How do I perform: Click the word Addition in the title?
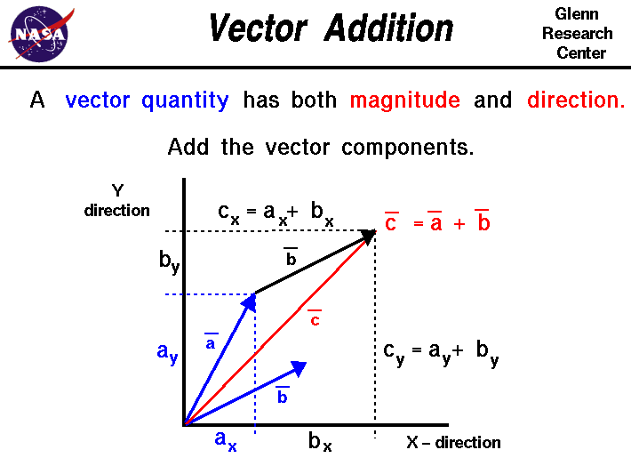[388, 28]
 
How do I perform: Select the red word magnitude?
[404, 100]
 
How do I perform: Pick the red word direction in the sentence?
[576, 100]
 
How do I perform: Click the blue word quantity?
[185, 101]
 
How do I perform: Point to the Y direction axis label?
[117, 201]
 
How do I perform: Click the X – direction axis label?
[453, 442]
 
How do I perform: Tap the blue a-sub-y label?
[167, 352]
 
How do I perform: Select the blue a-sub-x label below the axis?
[226, 439]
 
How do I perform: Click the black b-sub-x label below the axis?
[320, 441]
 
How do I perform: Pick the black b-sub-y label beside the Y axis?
[169, 262]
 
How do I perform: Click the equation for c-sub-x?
[276, 214]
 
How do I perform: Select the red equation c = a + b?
[437, 223]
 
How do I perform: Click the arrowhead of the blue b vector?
[300, 367]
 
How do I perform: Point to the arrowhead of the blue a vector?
[249, 303]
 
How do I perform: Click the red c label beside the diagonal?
[315, 319]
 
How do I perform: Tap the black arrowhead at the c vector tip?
[366, 237]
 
